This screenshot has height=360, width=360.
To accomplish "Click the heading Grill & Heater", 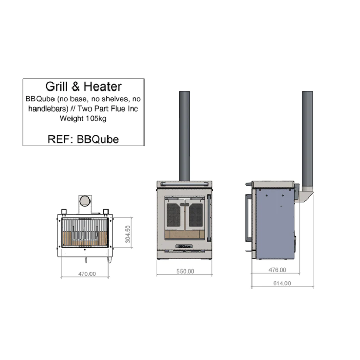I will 83,86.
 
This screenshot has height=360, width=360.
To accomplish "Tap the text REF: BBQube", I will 83,139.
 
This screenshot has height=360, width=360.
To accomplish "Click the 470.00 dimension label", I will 86,274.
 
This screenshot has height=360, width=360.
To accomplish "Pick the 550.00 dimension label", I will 185,271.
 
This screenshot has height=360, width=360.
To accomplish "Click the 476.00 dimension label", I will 278,269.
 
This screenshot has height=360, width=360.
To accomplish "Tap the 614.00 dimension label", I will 282,283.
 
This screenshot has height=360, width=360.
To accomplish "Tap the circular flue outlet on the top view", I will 84,202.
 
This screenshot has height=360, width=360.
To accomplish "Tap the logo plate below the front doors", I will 185,246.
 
